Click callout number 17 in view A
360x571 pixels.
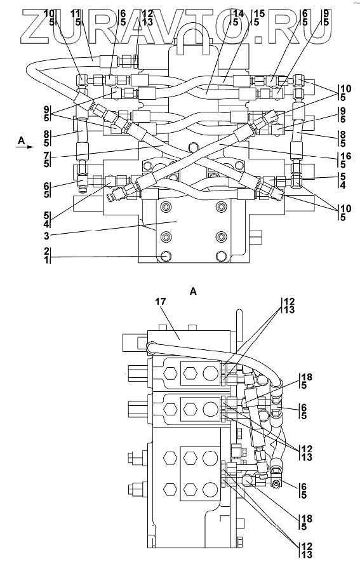[161, 302]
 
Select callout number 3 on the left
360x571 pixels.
[46, 235]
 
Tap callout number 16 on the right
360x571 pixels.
[347, 157]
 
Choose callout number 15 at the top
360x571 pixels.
[259, 14]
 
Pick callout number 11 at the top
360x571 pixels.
[75, 14]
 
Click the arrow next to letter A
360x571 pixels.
[24, 147]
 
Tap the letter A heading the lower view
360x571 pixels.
[193, 292]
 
